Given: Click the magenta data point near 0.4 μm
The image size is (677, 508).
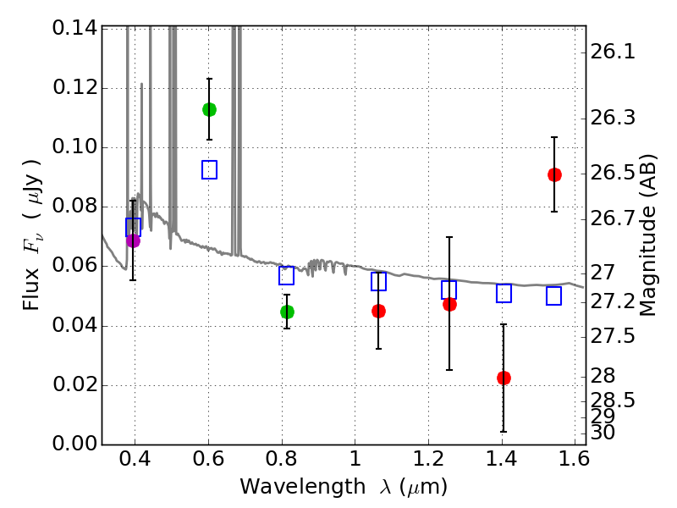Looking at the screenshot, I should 133,240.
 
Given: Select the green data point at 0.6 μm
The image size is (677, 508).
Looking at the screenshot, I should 209,109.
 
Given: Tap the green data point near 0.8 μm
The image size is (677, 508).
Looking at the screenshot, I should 287,312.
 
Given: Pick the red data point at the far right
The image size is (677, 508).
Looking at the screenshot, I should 554,174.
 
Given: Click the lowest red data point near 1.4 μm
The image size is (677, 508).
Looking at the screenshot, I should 504,378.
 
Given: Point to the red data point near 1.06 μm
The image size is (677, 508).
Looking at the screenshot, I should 378,311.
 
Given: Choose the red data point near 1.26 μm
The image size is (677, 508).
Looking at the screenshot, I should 449,304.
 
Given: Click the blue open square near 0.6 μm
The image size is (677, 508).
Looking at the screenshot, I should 209,169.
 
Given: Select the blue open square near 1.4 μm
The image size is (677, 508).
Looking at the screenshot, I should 504,294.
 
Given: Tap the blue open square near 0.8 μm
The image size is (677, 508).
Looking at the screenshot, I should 287,275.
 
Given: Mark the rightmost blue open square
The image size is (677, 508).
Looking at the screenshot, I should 554,295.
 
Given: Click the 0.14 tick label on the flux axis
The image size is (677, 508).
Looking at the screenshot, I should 74,28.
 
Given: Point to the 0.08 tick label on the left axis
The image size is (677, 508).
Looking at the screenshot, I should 74,207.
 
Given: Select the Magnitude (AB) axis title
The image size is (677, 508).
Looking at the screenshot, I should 649,235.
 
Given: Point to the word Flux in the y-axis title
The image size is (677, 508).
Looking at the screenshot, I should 31,268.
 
